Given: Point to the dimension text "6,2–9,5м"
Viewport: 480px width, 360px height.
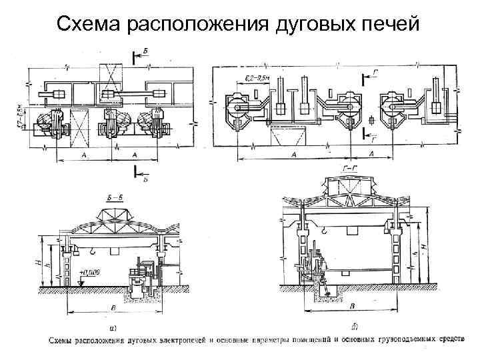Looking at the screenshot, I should click(x=255, y=79).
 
